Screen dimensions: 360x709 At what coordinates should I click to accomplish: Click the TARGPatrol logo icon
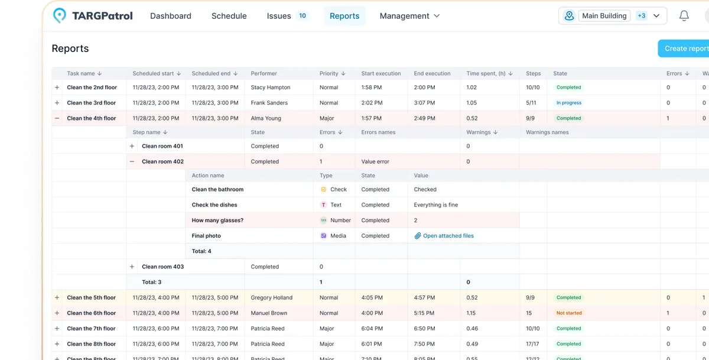pos(60,16)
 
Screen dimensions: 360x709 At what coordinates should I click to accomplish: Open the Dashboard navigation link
pos(170,16)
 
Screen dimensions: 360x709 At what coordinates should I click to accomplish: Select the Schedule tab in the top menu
pos(229,16)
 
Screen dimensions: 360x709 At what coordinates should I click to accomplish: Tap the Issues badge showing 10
pos(303,16)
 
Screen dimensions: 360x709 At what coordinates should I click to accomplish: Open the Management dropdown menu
pos(409,16)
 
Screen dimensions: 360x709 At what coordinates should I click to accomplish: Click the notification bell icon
pos(684,16)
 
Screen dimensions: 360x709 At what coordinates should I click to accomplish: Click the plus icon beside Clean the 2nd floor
pos(57,87)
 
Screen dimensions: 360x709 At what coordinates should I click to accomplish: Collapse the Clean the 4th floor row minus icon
pos(57,118)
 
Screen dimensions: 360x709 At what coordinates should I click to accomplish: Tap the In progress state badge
pos(568,103)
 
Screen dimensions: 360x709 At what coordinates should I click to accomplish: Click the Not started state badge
pos(569,313)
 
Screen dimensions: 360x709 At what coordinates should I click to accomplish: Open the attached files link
pos(448,236)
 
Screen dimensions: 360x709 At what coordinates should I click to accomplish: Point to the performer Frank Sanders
pos(269,103)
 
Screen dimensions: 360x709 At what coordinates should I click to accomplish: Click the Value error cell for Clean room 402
pos(375,161)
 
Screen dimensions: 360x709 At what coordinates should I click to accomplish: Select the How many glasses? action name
pos(217,220)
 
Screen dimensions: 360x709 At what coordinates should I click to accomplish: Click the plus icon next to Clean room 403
pos(132,267)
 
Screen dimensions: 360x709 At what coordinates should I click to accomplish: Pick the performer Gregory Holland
pos(271,298)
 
